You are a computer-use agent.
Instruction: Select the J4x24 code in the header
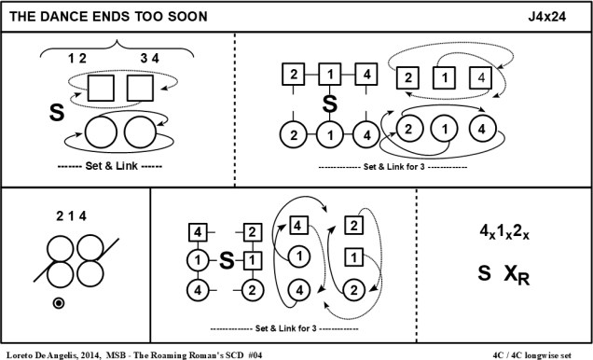[547, 17]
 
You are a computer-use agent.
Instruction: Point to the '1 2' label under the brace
[77, 58]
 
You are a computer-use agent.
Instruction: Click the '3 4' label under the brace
[150, 58]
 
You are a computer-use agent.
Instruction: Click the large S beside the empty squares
[57, 113]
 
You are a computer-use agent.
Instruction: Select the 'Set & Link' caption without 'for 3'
[111, 166]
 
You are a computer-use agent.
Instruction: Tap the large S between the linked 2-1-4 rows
[330, 104]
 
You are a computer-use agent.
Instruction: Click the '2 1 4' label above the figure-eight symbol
[71, 216]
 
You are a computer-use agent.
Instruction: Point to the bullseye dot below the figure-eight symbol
[59, 303]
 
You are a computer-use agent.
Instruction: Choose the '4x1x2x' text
[504, 231]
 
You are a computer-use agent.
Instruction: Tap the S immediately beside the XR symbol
[485, 273]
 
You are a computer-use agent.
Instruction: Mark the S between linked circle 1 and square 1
[227, 260]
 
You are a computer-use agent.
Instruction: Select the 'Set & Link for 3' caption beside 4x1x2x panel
[285, 328]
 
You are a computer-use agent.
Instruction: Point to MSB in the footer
[114, 355]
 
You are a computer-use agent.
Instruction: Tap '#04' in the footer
[255, 355]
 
